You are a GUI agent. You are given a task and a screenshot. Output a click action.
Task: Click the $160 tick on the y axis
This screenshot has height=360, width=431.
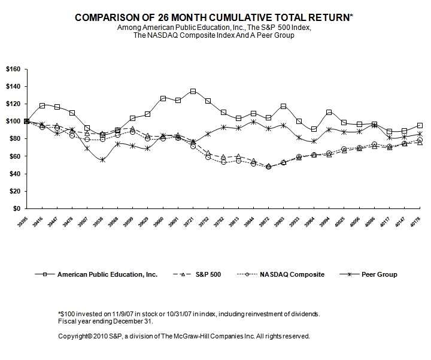(x=13, y=69)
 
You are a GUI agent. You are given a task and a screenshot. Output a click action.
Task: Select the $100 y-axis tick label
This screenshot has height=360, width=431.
(x=13, y=122)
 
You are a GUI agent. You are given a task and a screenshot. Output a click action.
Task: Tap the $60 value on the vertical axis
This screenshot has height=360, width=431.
(x=14, y=156)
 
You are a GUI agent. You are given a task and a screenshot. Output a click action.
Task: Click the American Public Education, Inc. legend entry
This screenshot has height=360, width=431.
(x=107, y=274)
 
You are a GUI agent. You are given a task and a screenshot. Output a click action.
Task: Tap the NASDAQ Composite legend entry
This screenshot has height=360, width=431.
(x=292, y=274)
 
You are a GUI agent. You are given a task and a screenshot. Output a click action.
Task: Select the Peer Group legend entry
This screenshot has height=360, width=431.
(x=378, y=274)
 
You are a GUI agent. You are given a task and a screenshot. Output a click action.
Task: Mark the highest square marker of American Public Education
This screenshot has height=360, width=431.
(x=193, y=91)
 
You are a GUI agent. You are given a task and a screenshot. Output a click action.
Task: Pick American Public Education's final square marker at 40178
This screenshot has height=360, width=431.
(x=403, y=125)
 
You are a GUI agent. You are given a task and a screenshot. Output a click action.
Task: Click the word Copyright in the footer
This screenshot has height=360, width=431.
(x=72, y=336)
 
